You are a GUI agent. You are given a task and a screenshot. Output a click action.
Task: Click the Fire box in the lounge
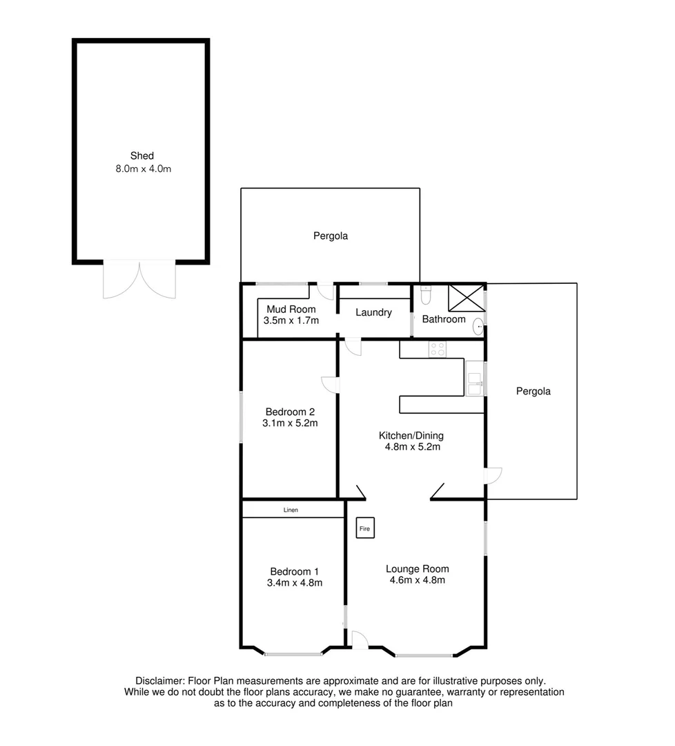coord(364,529)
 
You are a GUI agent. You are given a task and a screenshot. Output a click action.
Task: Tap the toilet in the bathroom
coord(426,295)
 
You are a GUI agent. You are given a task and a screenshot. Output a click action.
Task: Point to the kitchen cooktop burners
coord(437,350)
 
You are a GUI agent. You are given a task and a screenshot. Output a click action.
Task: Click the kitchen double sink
coord(475,383)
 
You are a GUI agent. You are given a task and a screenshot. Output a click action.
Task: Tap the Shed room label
coord(142,155)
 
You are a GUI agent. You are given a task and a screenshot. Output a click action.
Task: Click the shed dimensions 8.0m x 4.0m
coord(143,168)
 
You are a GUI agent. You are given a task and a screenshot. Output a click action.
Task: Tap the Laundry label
coord(373,312)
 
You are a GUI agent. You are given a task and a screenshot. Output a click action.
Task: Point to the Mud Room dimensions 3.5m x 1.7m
coord(291,321)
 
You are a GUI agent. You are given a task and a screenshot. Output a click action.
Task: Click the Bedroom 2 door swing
coord(330,385)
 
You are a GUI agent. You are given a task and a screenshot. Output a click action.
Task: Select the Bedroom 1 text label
coord(294,571)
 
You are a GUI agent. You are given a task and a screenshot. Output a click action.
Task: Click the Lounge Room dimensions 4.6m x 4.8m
coord(417,580)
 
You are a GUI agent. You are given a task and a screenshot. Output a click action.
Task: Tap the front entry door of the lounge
coord(359,640)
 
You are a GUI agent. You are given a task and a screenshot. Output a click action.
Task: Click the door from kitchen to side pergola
coord(493,475)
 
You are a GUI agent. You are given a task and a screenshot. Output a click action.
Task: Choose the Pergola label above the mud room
coord(331,236)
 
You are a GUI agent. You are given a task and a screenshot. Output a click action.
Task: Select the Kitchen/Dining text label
coord(411,435)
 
